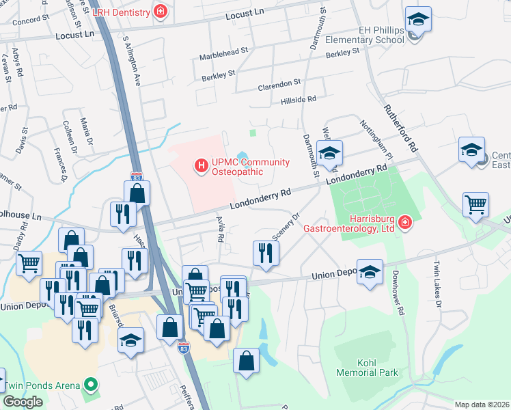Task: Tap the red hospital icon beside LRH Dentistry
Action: [x=161, y=11]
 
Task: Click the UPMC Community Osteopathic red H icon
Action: [x=201, y=165]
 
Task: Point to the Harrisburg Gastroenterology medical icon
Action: [x=404, y=223]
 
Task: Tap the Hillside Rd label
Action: [x=299, y=99]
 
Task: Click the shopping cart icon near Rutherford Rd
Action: [x=475, y=204]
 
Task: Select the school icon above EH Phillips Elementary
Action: [x=417, y=19]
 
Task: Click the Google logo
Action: [x=23, y=402]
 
